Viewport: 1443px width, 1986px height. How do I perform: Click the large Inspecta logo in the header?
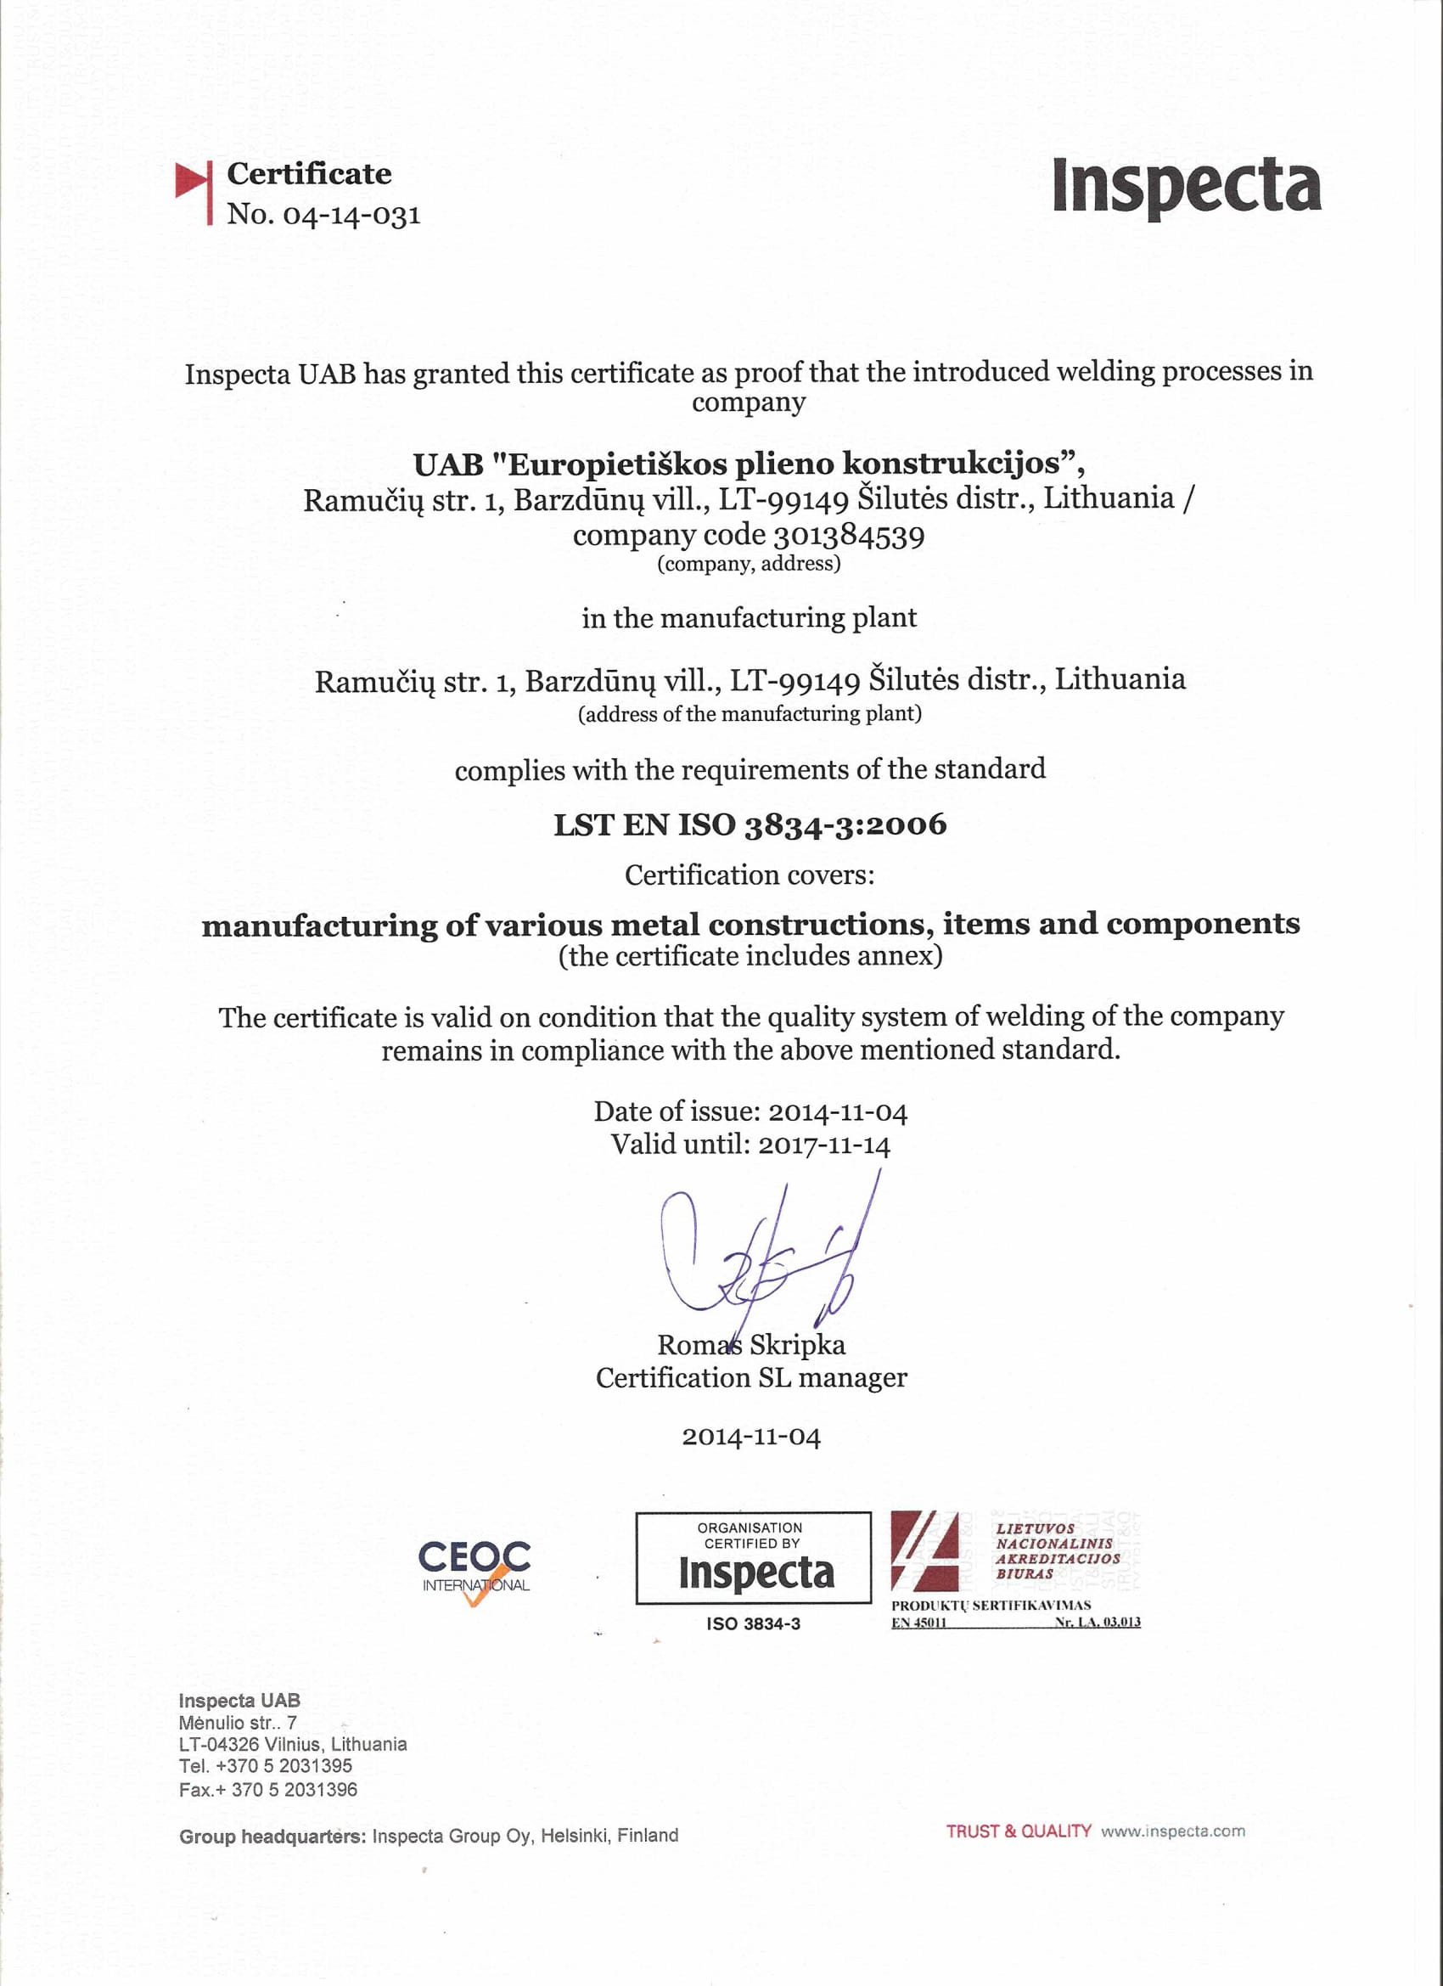(1187, 186)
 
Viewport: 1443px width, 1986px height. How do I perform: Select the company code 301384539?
(849, 535)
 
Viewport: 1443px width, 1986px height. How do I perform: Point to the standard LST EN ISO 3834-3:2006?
(750, 824)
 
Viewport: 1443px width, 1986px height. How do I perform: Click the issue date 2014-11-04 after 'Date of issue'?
(837, 1112)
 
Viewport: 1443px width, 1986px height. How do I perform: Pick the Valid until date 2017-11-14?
(823, 1145)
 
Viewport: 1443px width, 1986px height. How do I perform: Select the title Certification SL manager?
(751, 1378)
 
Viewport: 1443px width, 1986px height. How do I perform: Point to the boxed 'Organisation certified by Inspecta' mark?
(753, 1558)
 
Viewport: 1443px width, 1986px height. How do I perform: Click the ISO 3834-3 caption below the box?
(753, 1623)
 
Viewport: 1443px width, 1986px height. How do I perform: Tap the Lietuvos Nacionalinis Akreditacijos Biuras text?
(1057, 1550)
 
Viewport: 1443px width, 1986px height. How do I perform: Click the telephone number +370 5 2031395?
(284, 1766)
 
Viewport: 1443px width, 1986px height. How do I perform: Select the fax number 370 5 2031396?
(295, 1790)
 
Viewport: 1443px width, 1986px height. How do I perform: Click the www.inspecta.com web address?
(1172, 1831)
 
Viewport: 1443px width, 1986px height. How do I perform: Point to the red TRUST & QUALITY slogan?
(1019, 1831)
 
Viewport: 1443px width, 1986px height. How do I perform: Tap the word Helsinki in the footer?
(574, 1836)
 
